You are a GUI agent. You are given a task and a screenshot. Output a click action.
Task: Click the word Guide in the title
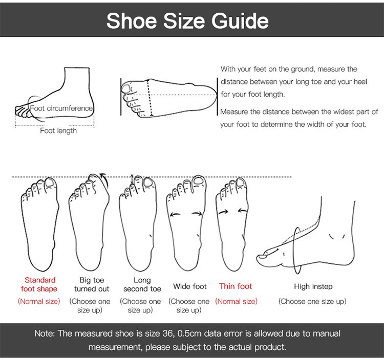coord(240,21)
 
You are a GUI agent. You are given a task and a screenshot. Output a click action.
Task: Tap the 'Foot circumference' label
coord(61,108)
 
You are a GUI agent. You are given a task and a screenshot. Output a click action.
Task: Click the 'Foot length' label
coord(58,130)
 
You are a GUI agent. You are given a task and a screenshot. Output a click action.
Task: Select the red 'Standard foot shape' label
coord(39,284)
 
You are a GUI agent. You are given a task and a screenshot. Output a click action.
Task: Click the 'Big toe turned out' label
coord(92,284)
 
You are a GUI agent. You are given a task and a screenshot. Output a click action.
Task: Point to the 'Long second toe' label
coord(142,284)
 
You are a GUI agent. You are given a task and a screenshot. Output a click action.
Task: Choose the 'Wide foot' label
coord(190,286)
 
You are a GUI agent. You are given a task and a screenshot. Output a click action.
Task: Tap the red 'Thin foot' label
coord(236,286)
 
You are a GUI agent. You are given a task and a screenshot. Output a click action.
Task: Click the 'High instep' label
coord(313,286)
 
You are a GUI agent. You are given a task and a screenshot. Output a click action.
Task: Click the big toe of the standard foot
coord(51,184)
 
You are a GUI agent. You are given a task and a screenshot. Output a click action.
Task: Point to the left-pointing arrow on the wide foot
coord(175,214)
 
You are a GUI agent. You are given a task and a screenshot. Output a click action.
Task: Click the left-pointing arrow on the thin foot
coord(243,210)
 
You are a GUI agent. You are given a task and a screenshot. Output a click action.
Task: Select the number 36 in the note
coord(168,333)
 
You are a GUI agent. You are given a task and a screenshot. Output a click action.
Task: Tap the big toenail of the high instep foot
coord(262,257)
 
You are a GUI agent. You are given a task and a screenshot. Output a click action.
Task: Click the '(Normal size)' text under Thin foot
coord(237,301)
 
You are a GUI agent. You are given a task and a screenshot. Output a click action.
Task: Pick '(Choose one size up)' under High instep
coord(312,301)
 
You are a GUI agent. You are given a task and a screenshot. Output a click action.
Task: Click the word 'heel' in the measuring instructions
coord(360,81)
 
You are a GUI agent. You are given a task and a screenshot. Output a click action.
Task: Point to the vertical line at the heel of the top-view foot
coord(218,96)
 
